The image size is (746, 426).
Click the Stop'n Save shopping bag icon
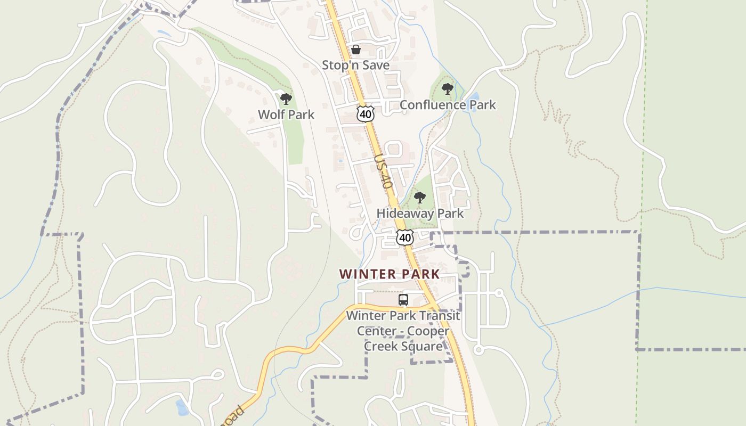pyautogui.click(x=356, y=50)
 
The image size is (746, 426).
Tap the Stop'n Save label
pyautogui.click(x=355, y=65)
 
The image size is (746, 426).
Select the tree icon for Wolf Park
pyautogui.click(x=286, y=99)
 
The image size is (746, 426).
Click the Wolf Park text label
pyautogui.click(x=286, y=114)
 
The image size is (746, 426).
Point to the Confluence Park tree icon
pyautogui.click(x=448, y=89)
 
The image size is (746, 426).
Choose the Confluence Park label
pyautogui.click(x=448, y=105)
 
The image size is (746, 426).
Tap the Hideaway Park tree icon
pyautogui.click(x=420, y=198)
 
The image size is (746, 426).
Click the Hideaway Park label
pyautogui.click(x=420, y=214)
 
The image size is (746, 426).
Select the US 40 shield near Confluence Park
pyautogui.click(x=365, y=113)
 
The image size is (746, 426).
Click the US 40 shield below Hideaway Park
pyautogui.click(x=405, y=237)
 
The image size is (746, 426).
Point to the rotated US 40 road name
pyautogui.click(x=383, y=171)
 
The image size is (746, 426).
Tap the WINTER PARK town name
pyautogui.click(x=390, y=274)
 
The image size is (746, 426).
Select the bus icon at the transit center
pyautogui.click(x=403, y=300)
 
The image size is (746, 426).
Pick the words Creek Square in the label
pyautogui.click(x=403, y=346)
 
